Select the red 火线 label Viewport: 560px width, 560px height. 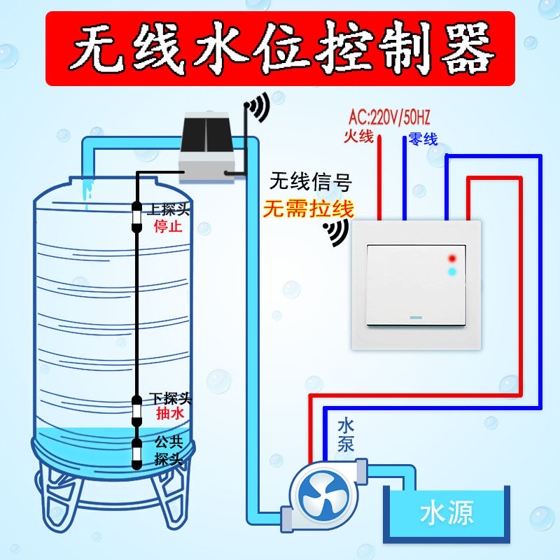(358, 136)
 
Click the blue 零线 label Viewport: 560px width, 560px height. (423, 139)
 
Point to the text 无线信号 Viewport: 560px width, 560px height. (310, 183)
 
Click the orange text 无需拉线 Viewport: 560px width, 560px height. (308, 209)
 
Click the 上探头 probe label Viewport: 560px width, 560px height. (169, 209)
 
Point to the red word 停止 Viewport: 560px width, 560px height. (168, 227)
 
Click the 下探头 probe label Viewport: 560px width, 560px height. (170, 398)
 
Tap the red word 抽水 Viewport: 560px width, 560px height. (169, 414)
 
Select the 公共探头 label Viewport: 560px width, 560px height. (169, 450)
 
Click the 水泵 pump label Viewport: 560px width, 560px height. (346, 434)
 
